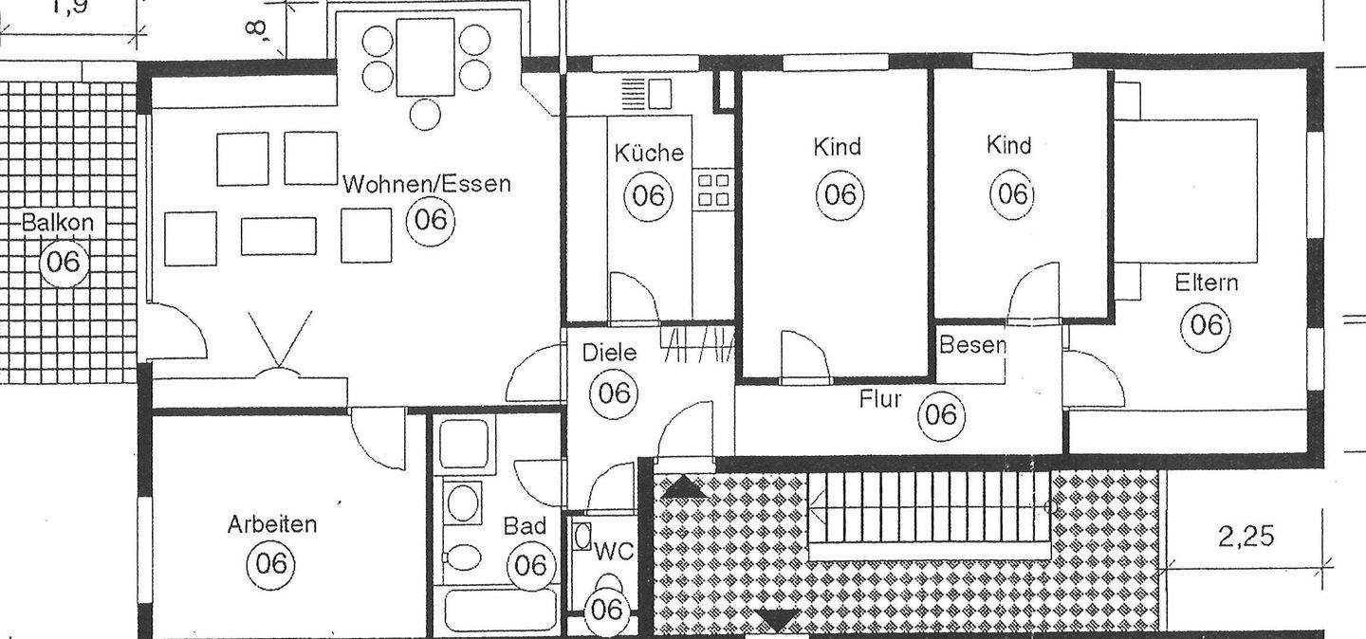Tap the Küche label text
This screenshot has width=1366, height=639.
648,153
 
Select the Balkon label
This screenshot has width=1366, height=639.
59,224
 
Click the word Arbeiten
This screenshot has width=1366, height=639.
271,524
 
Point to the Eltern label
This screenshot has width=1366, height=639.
1206,283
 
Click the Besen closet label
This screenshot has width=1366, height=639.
971,345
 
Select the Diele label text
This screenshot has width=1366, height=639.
609,353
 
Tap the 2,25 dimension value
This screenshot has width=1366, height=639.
1246,537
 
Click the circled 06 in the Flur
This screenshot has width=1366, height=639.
941,414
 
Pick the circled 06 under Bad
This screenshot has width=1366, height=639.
531,566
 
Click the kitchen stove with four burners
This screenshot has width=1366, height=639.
713,189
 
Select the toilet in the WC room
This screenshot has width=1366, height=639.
608,584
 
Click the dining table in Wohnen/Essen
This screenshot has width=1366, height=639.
425,58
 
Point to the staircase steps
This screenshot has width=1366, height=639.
930,507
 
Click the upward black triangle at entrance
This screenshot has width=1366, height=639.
686,487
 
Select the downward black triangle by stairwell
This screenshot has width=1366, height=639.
778,621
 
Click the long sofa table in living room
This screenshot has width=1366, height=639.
278,236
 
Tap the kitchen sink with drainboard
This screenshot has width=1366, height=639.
647,94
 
